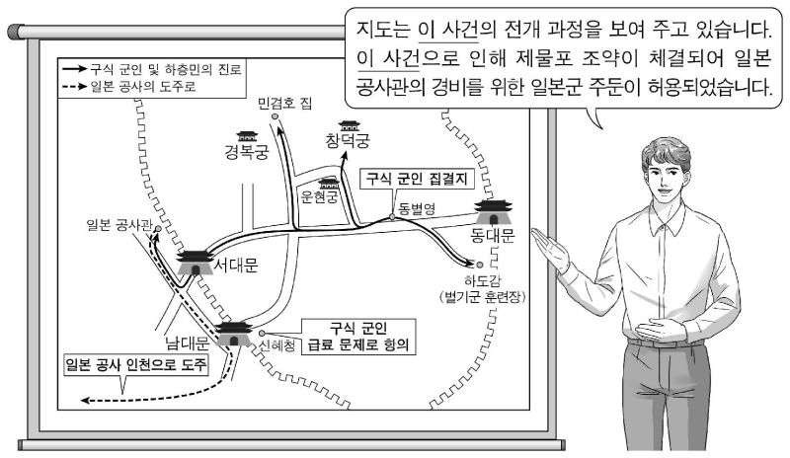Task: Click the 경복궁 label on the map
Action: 247,153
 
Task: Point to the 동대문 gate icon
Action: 491,213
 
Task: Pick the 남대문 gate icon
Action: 234,335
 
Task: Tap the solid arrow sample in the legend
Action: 71,71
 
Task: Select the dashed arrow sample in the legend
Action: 71,86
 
